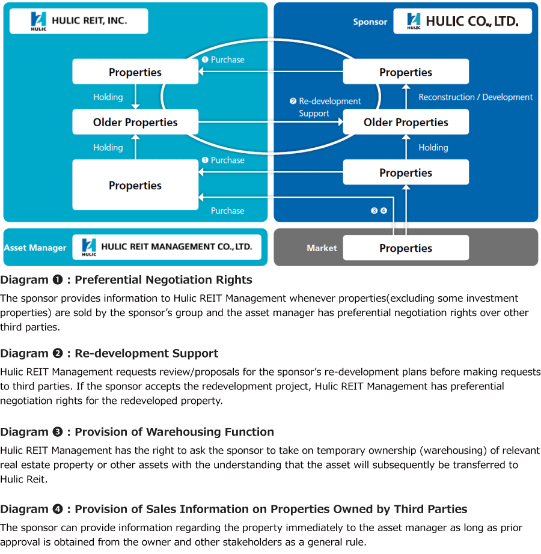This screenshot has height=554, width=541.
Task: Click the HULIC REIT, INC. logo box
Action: click(x=79, y=21)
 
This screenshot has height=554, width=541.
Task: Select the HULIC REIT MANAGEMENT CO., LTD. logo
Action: click(x=167, y=246)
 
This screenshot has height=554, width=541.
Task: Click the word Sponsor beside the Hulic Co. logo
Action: click(x=370, y=22)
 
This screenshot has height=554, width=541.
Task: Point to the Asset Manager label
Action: click(x=35, y=248)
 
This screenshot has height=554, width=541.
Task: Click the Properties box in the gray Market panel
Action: click(x=406, y=248)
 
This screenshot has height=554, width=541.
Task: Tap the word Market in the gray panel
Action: click(x=322, y=248)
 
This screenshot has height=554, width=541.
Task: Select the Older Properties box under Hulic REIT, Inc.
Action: click(x=135, y=122)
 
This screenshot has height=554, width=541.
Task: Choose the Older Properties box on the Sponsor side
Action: click(x=406, y=122)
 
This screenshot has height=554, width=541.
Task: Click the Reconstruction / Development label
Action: click(x=475, y=97)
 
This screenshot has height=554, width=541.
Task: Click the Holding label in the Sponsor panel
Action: click(x=433, y=147)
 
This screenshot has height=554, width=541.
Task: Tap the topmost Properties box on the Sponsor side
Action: click(x=406, y=72)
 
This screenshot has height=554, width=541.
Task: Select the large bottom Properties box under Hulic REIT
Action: click(x=135, y=185)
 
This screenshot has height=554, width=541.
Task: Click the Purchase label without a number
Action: click(x=227, y=211)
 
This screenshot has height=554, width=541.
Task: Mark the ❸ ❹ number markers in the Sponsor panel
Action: click(x=379, y=211)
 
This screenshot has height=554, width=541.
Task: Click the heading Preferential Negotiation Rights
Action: click(x=163, y=279)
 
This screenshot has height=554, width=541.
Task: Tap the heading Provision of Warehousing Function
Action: click(x=174, y=431)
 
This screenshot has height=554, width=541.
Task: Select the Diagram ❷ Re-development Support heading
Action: click(x=109, y=353)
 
